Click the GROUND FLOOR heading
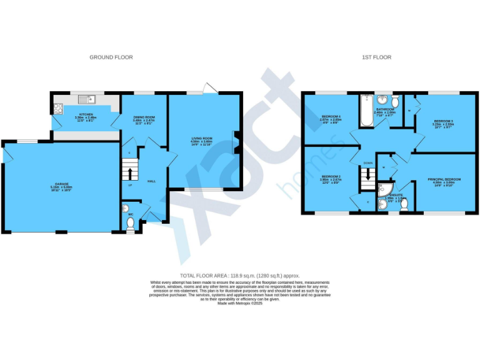point(111,57)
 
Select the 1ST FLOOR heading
point(376,57)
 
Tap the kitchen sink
point(84,99)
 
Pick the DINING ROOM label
point(143,117)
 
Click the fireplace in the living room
point(236,142)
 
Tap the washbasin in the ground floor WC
point(124,209)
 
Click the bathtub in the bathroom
point(366,111)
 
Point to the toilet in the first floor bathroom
point(396,102)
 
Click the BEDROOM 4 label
point(331,117)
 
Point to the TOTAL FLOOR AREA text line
point(240,276)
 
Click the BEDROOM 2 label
point(331,177)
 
